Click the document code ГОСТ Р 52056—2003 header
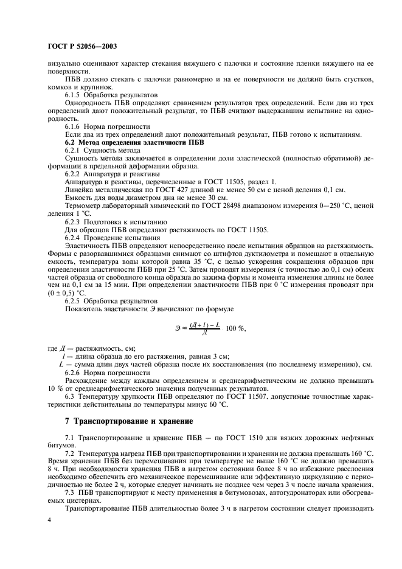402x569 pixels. tap(82, 46)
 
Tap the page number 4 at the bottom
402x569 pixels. tap(49, 520)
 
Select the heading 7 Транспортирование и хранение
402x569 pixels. tap(129, 420)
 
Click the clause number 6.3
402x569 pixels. tap(71, 396)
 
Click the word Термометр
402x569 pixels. tap(86, 205)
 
